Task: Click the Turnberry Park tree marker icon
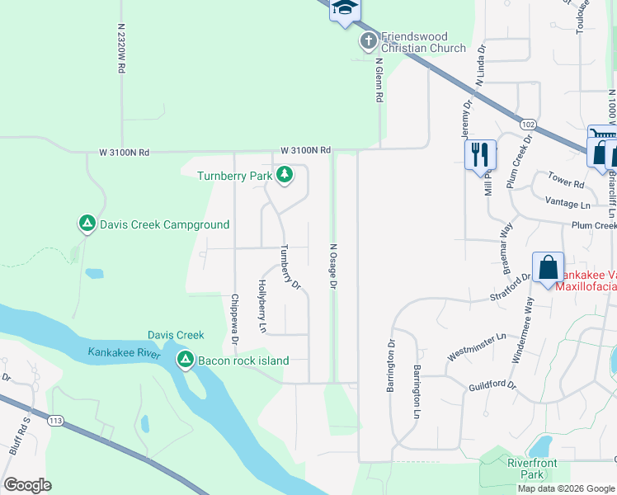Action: [285, 175]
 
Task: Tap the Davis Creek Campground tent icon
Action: [87, 224]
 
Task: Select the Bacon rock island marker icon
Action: [185, 361]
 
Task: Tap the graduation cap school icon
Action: [345, 8]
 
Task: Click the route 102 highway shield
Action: [529, 125]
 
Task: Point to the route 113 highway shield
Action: [55, 421]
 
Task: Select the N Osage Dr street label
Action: [333, 266]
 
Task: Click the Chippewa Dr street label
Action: [234, 319]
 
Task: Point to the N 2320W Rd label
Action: [120, 49]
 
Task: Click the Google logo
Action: [28, 485]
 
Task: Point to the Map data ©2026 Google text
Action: [566, 488]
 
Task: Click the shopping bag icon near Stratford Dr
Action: [548, 267]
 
